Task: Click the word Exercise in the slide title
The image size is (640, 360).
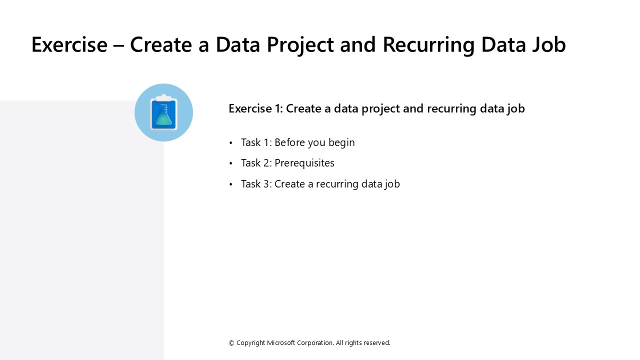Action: (69, 44)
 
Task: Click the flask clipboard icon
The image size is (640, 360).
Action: (163, 113)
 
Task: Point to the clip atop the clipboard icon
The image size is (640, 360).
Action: (163, 97)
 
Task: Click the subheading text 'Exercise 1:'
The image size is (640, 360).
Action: (255, 108)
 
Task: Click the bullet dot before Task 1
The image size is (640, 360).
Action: (231, 143)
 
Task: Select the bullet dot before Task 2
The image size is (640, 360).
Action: (231, 163)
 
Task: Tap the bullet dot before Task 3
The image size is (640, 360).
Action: (231, 184)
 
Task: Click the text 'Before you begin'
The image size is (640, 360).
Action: (314, 142)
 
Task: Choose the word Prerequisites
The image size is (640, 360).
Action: (304, 163)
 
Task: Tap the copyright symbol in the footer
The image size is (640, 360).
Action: (231, 343)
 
